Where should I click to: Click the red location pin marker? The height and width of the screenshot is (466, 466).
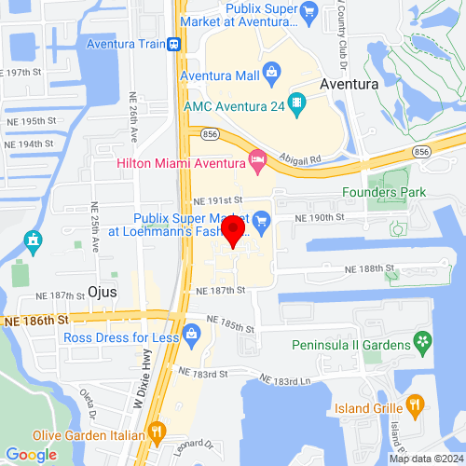tap(233, 233)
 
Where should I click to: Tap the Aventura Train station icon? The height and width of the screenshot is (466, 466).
tap(172, 44)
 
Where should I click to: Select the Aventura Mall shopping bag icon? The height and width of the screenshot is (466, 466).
tap(271, 70)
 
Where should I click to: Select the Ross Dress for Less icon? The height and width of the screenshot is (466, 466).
tap(193, 332)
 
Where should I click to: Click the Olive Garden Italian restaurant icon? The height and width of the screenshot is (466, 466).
tap(157, 432)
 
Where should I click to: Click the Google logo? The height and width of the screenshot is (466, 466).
tap(31, 454)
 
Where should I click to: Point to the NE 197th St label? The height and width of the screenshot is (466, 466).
tap(28, 72)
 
